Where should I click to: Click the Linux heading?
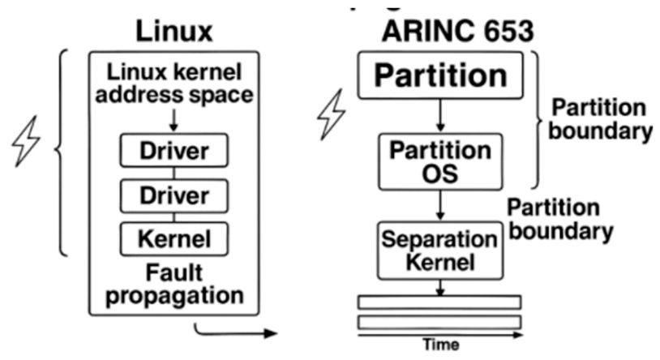(x=174, y=30)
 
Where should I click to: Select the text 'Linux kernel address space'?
(x=174, y=84)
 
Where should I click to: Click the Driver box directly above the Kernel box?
(x=174, y=195)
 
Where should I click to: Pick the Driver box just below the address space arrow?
(x=174, y=151)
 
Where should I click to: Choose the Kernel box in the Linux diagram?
(x=174, y=239)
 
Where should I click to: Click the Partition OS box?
(x=439, y=161)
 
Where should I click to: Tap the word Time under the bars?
(x=440, y=344)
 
